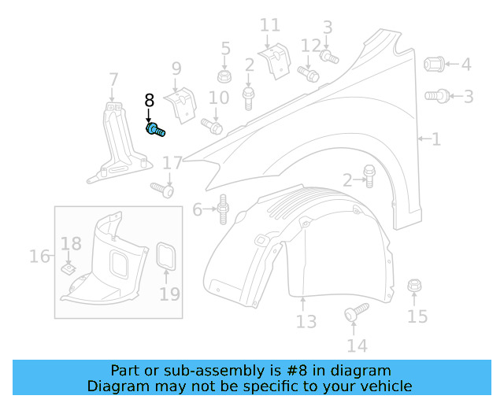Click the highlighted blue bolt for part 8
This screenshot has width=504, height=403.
(x=154, y=129)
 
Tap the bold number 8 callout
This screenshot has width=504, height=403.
(x=149, y=101)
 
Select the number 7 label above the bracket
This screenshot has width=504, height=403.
(x=114, y=79)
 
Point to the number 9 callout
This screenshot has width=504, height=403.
(x=176, y=68)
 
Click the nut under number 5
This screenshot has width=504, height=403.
(x=224, y=76)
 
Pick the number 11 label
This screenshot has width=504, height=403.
(x=269, y=26)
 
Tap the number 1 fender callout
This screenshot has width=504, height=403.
(x=435, y=139)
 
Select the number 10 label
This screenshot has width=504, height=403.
(x=218, y=98)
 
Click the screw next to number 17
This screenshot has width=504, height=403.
(x=162, y=189)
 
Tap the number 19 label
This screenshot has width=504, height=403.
(x=170, y=294)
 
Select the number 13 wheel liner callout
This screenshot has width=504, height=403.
(x=306, y=321)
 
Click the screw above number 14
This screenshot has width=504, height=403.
(x=356, y=312)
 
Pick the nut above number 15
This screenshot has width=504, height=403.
(x=413, y=287)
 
